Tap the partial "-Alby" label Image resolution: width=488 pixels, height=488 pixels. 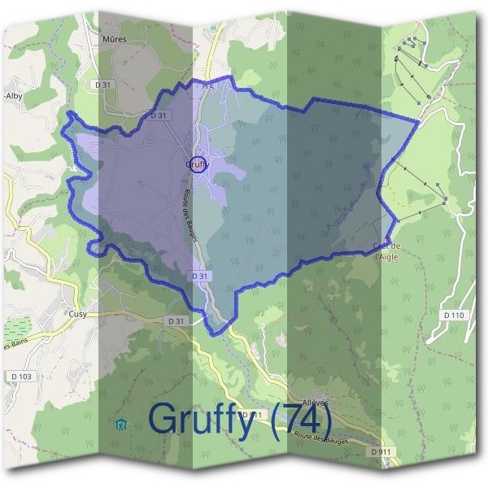coord(14,95)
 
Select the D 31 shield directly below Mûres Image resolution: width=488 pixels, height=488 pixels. coord(102,84)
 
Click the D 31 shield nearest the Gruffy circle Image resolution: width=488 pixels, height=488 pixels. coord(159,115)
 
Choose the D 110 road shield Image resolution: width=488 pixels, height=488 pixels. coord(453,314)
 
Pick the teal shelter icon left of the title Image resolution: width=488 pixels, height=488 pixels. coord(122,423)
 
